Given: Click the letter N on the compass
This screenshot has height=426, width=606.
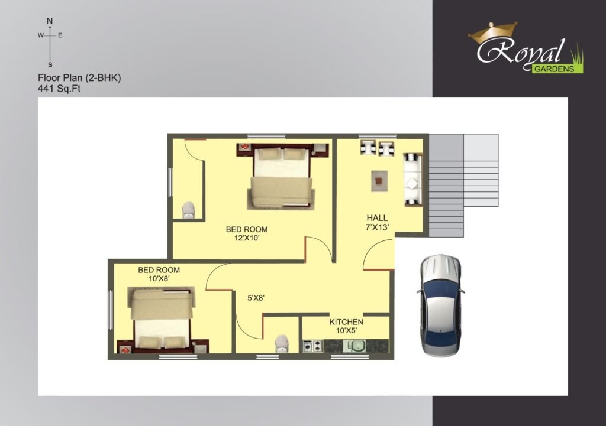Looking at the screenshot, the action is point(50,21).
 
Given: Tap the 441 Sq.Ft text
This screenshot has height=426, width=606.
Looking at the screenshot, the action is point(59,89).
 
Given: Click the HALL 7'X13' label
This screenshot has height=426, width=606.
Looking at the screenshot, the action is point(377,223).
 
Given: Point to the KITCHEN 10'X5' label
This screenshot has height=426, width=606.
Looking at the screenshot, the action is point(346,326).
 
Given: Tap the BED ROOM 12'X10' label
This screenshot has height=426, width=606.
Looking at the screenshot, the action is point(247,233).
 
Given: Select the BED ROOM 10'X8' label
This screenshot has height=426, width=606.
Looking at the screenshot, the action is point(159,274).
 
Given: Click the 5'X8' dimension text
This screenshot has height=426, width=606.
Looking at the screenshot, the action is point(256,298).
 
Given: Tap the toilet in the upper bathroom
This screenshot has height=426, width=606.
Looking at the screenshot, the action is point(188,210).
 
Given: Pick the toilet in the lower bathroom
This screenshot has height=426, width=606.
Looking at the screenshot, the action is point(281,343).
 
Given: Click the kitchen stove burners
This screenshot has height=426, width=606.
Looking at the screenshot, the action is point(312,346).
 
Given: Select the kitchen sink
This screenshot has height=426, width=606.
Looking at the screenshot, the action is point(354,346).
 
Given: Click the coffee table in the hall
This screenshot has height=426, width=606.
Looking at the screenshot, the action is point(379,181).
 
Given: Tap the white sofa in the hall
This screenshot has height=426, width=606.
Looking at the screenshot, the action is point(412,179).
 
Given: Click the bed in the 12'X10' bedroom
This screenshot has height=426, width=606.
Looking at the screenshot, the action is point(281,177).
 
